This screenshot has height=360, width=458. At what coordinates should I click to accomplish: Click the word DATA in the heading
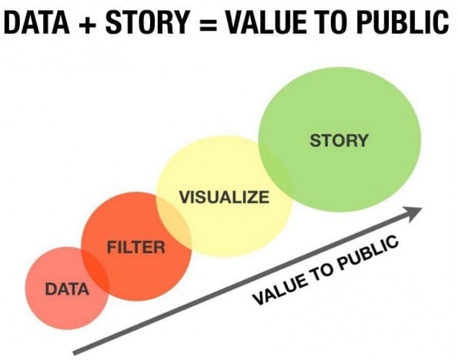click(x=37, y=22)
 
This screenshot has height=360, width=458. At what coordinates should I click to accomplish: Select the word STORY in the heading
click(x=148, y=22)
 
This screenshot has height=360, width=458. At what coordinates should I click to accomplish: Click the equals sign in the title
click(x=208, y=24)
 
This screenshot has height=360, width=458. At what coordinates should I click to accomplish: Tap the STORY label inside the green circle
click(x=339, y=141)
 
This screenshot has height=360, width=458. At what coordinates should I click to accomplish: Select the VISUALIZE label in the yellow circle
click(x=224, y=197)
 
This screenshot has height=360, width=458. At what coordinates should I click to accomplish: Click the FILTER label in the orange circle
click(x=135, y=247)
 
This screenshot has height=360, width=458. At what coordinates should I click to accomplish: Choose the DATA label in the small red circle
click(x=67, y=289)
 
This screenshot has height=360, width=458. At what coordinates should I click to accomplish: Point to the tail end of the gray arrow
click(x=74, y=353)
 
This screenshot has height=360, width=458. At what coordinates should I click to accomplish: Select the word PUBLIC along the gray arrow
click(x=368, y=252)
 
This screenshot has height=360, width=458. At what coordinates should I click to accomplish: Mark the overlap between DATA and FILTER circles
click(x=95, y=274)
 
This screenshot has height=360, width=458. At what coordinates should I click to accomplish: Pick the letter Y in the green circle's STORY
click(x=362, y=141)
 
